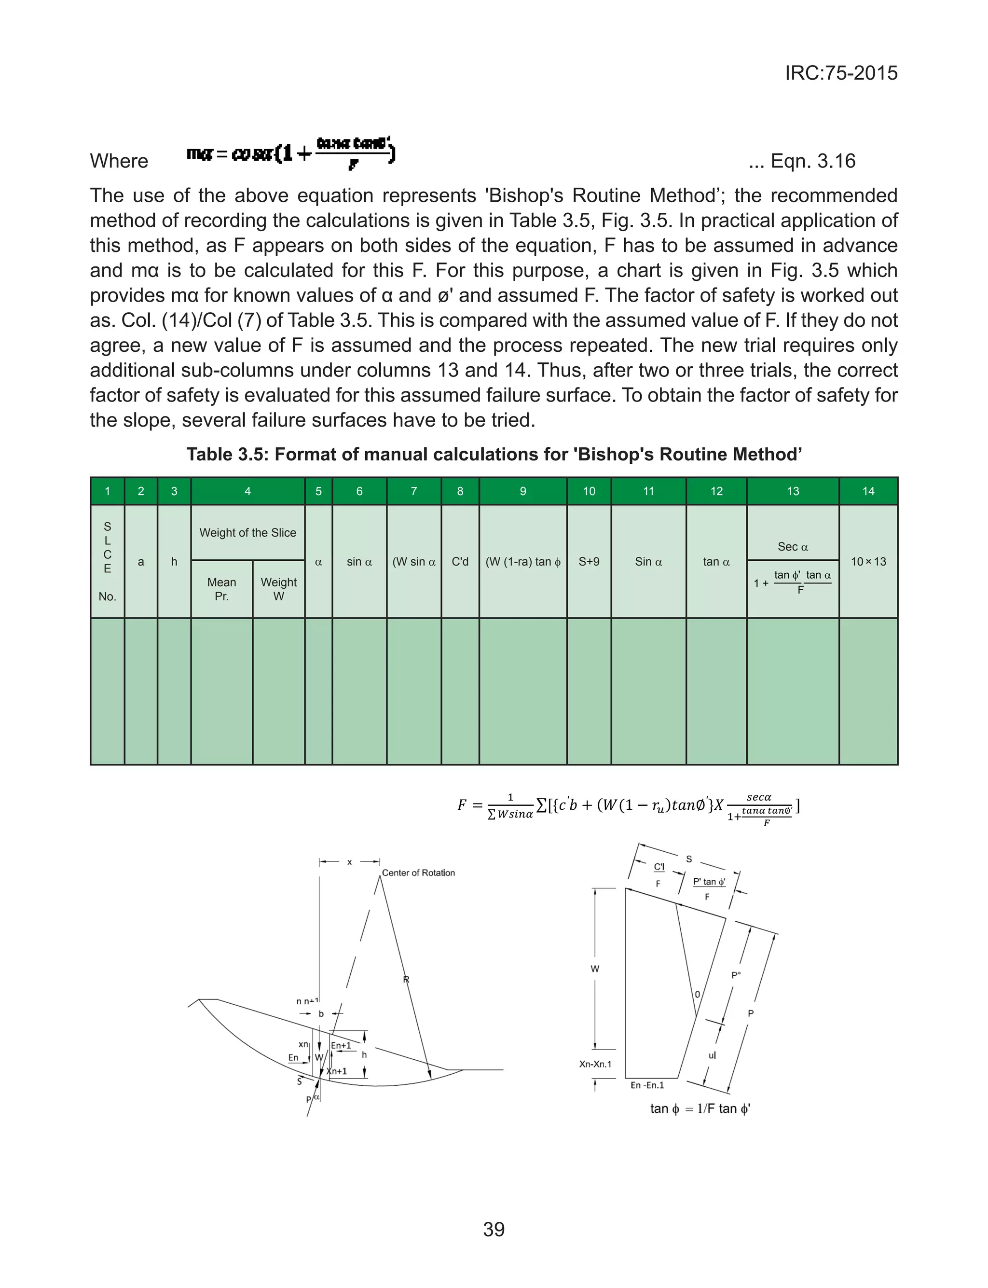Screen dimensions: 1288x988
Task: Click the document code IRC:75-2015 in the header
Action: pos(841,73)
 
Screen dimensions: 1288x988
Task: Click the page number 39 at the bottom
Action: pos(494,1229)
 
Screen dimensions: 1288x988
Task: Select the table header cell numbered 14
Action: pos(868,491)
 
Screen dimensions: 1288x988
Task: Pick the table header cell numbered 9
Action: pos(522,491)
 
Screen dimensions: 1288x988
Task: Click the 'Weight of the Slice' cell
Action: pos(247,532)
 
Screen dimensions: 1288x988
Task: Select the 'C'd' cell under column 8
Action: pos(460,562)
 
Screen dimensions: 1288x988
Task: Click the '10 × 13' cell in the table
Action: pos(868,562)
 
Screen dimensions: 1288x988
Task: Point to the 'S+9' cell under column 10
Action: pos(589,562)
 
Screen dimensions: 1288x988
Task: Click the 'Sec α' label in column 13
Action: pos(792,546)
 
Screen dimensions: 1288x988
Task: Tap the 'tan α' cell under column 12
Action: pos(716,562)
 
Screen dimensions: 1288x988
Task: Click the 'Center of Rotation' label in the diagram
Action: pos(418,873)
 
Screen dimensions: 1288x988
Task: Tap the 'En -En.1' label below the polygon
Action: pos(647,1085)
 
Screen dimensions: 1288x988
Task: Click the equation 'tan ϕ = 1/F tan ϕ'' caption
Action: pos(700,1108)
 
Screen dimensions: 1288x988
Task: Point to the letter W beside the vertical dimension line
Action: pos(594,969)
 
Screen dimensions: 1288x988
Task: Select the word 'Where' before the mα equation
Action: pos(119,161)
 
